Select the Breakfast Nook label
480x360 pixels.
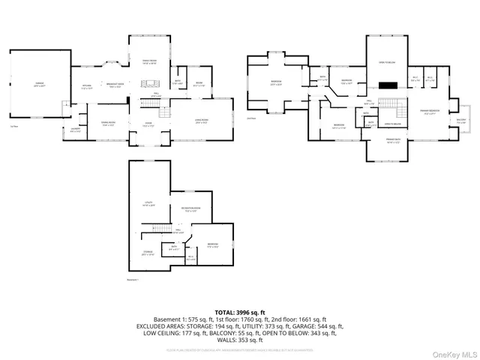(115, 85)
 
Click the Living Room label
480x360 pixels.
(201, 121)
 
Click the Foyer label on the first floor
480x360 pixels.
(149, 124)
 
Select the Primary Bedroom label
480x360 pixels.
(428, 112)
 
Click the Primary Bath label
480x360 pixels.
(394, 140)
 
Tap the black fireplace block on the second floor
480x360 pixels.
(388, 85)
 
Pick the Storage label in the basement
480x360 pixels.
(148, 253)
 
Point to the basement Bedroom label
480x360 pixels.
(213, 245)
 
